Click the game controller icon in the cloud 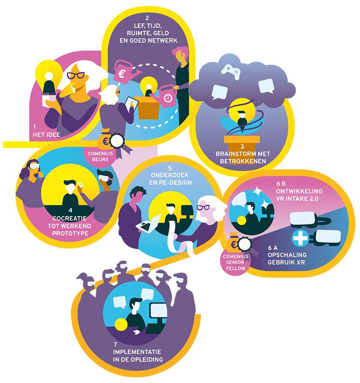click(x=230, y=71)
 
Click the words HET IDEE click(x=47, y=135)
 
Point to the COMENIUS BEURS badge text click(x=100, y=157)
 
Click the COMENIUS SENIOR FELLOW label click(x=236, y=262)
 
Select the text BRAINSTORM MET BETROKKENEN click(x=243, y=157)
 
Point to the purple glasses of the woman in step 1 click(x=76, y=75)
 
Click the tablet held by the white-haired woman click(x=131, y=104)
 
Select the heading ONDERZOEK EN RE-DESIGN click(x=170, y=179)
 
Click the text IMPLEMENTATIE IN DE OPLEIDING click(x=138, y=356)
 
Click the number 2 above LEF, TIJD click(x=147, y=18)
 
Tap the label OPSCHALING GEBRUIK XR click(x=287, y=258)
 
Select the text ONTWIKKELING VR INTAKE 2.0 click(x=299, y=195)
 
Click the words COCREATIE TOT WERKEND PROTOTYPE click(x=70, y=226)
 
